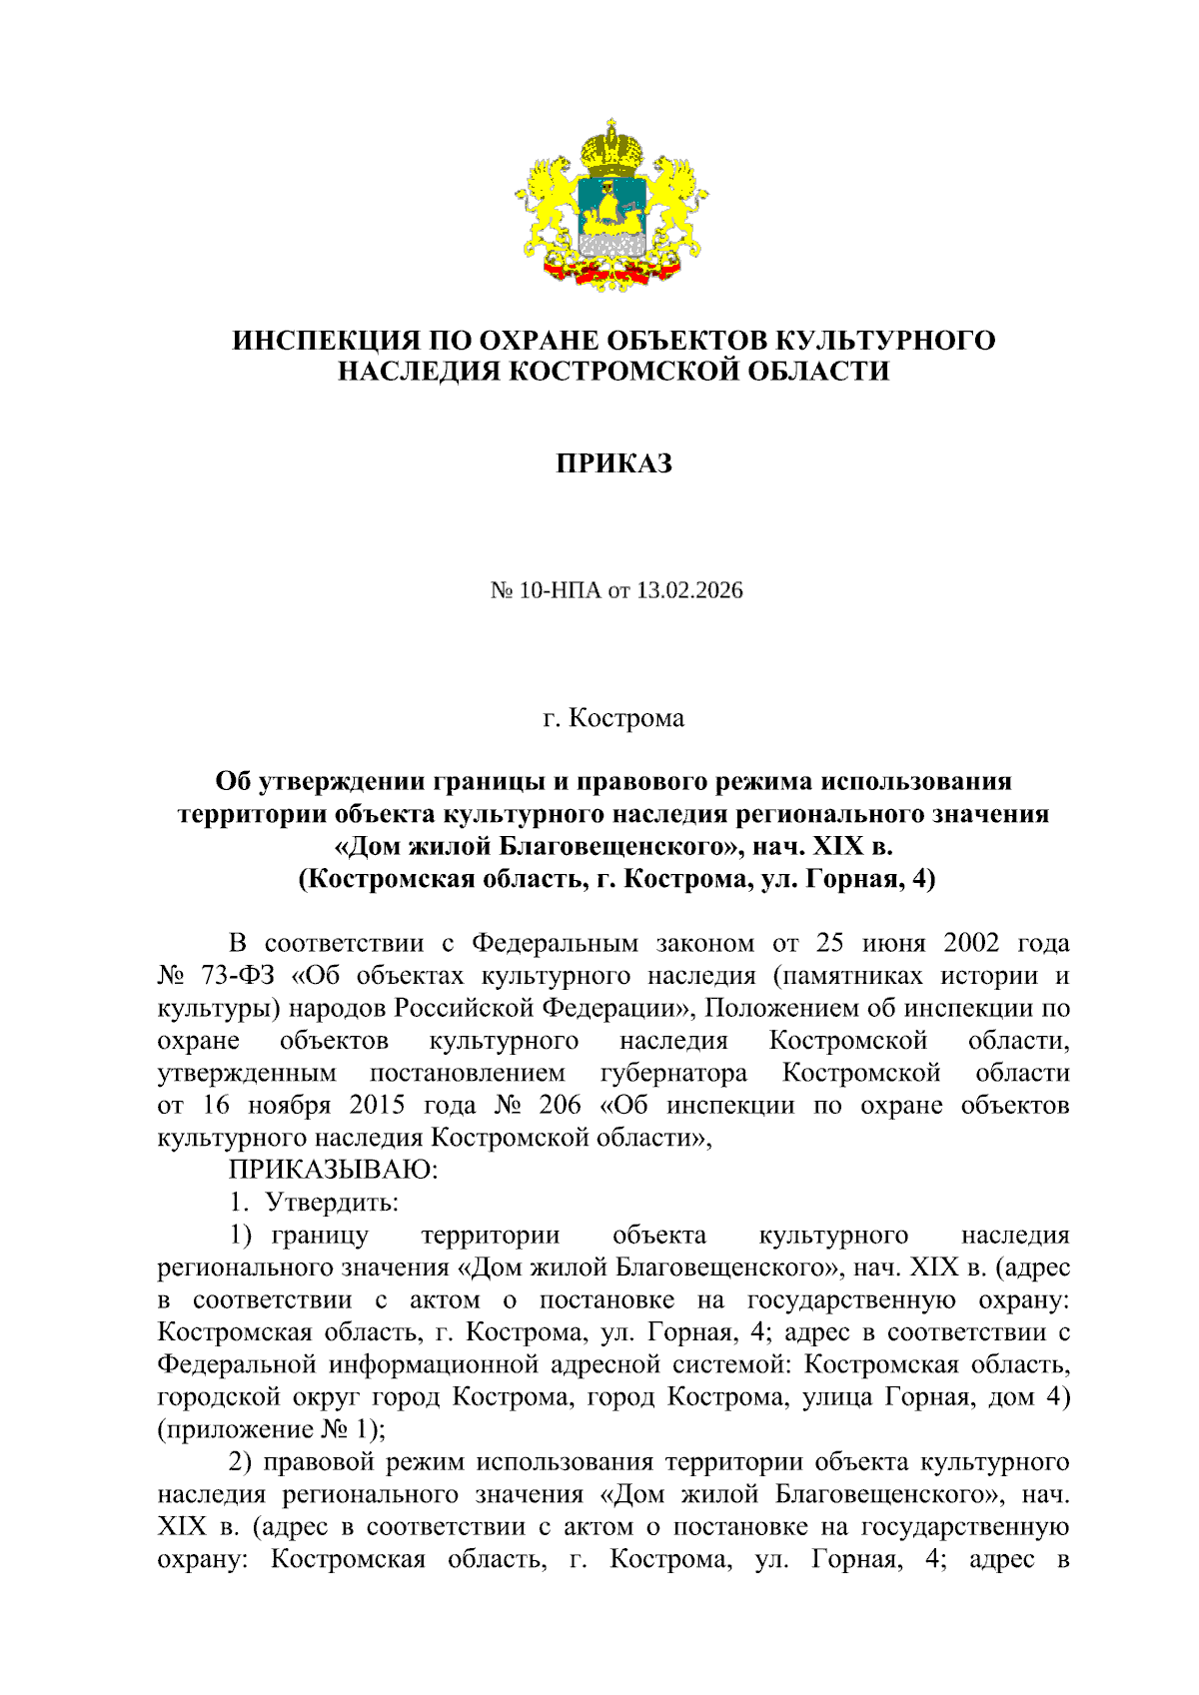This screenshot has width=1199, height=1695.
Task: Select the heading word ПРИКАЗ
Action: coord(613,463)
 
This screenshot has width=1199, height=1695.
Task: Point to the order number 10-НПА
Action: coord(561,590)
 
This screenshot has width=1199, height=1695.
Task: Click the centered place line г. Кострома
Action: coord(613,718)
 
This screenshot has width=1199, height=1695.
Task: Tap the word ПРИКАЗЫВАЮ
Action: coord(334,1169)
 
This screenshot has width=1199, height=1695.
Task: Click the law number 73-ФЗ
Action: coord(238,975)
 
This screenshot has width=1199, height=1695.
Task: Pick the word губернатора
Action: coord(673,1073)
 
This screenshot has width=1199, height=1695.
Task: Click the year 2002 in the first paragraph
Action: coord(970,943)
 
